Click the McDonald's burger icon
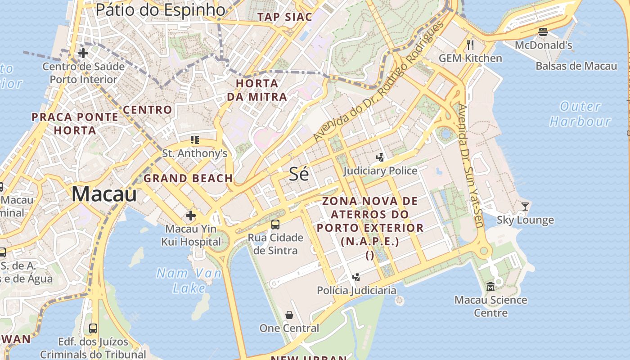[543, 31]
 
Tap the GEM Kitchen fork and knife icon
[470, 45]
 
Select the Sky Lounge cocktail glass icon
[525, 207]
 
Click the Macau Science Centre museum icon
[490, 286]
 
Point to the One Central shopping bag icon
[289, 315]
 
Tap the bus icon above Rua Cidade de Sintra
[275, 224]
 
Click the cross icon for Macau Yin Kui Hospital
[191, 216]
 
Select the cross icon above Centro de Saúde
[83, 53]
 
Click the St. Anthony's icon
[194, 140]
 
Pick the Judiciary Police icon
[380, 157]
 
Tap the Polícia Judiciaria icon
[356, 277]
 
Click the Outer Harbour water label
[580, 114]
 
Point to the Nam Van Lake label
[189, 280]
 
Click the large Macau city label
[104, 194]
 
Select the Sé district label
[299, 174]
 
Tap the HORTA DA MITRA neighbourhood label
[256, 90]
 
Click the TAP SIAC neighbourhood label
[284, 17]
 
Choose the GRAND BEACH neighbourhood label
[188, 178]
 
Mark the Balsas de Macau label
[576, 66]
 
